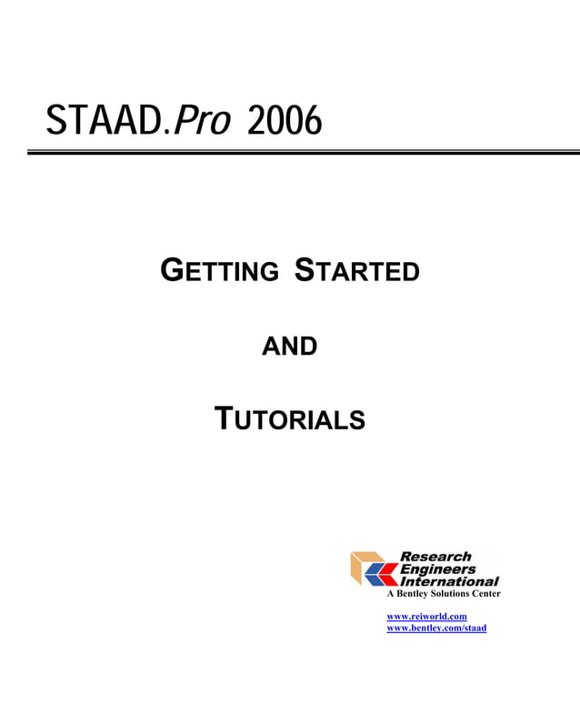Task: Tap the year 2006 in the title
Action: point(285,121)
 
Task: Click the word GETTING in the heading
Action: point(219,271)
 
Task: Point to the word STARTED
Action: point(357,271)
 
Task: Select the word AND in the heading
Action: point(289,346)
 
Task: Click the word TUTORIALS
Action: point(289,419)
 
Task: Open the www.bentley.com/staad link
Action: point(436,628)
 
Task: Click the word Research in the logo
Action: point(435,557)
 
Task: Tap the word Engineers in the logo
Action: point(437,569)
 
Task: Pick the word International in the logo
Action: point(449,580)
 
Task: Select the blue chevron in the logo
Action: point(374,574)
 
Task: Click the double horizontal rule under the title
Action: point(304,152)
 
